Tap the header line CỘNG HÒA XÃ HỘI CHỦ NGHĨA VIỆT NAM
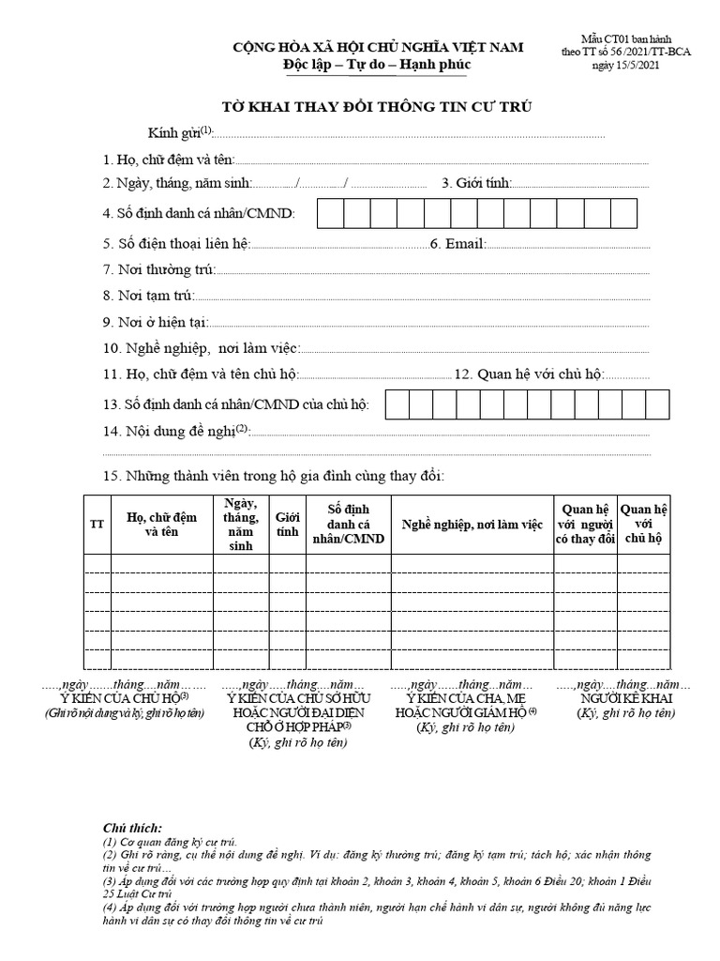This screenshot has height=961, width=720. [x=378, y=47]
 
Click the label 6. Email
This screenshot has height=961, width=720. [x=457, y=244]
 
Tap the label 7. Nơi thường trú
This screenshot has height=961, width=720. [x=159, y=269]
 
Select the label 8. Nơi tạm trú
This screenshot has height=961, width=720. [x=149, y=296]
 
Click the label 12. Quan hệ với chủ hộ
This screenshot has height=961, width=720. [x=530, y=374]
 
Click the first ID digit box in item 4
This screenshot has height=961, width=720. [x=331, y=213]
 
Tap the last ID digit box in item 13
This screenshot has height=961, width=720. [x=657, y=404]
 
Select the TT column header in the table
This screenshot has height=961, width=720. [x=97, y=524]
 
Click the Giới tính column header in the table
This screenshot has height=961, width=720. [x=287, y=524]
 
